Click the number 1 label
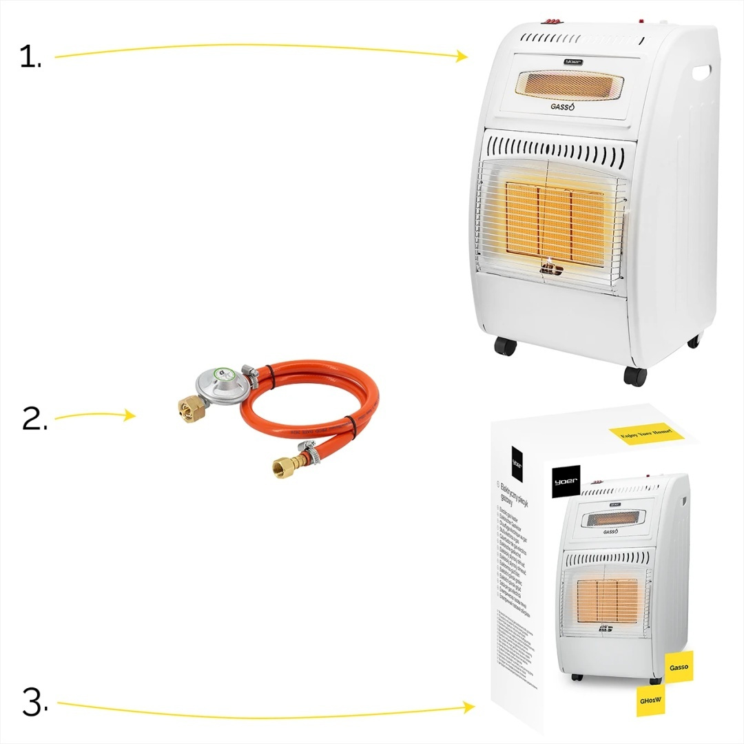point(30,58)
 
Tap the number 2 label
point(34,419)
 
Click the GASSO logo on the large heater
point(562,107)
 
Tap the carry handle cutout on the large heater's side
point(702,71)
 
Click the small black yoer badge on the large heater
point(573,61)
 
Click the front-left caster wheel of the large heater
point(505,346)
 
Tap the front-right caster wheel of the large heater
point(635,375)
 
